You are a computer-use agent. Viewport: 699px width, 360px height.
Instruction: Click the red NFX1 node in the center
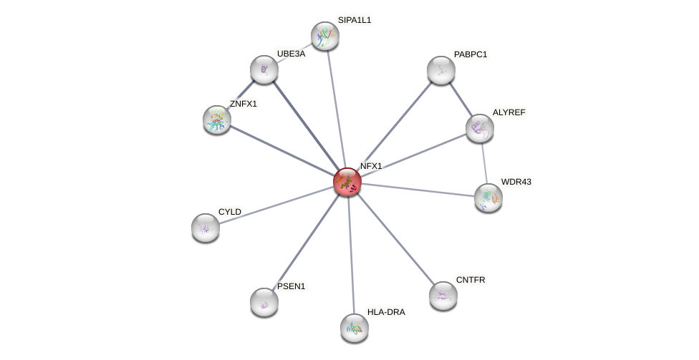[x=347, y=182]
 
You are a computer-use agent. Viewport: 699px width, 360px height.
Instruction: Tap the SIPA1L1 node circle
[x=324, y=36]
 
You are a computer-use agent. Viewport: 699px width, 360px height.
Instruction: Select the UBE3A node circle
[x=264, y=69]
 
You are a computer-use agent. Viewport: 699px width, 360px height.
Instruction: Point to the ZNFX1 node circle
[x=217, y=120]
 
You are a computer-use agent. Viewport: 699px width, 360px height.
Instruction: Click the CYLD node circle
[x=206, y=228]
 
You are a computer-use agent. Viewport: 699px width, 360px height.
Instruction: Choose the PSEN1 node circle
[x=264, y=302]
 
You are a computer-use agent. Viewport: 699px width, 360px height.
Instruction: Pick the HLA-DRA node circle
[x=354, y=327]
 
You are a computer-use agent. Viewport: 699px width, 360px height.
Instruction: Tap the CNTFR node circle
[x=443, y=295]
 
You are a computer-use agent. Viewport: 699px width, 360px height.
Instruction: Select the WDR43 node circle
[x=488, y=198]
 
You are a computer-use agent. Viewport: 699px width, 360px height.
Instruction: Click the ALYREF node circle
[x=480, y=128]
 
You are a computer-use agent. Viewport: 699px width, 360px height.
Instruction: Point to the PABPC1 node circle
[x=441, y=70]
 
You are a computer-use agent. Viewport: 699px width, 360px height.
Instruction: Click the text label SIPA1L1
[x=355, y=20]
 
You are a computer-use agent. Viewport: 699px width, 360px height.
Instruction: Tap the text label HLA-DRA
[x=386, y=312]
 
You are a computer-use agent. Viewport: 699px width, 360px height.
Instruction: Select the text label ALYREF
[x=508, y=112]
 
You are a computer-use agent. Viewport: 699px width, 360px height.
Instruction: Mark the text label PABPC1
[x=470, y=54]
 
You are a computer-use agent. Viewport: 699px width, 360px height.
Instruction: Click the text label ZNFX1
[x=243, y=104]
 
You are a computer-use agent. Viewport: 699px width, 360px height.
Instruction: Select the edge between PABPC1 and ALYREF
[x=461, y=99]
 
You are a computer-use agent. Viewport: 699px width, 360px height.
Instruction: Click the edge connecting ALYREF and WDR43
[x=484, y=163]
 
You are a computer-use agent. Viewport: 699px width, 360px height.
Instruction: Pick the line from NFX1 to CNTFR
[x=395, y=238]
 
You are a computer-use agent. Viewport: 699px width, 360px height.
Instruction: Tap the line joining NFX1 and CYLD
[x=276, y=205]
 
